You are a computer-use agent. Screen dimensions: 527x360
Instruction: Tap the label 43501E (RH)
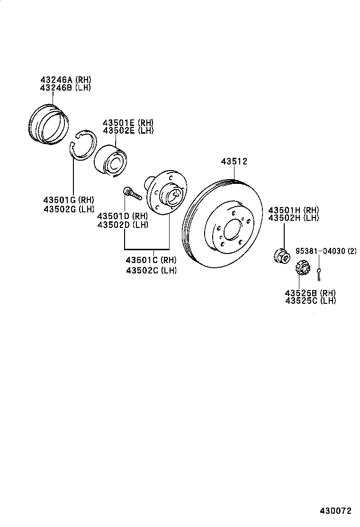pos(128,122)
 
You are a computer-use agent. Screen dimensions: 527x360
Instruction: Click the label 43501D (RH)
pos(122,216)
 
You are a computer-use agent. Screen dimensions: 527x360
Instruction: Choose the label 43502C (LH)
pos(151,270)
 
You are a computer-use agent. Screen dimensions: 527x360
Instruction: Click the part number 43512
pos(234,162)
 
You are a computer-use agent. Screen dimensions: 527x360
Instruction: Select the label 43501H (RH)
pos(294,210)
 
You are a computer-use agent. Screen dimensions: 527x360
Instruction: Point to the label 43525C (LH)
pos(310,300)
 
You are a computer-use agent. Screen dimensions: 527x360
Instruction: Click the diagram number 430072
pos(336,511)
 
